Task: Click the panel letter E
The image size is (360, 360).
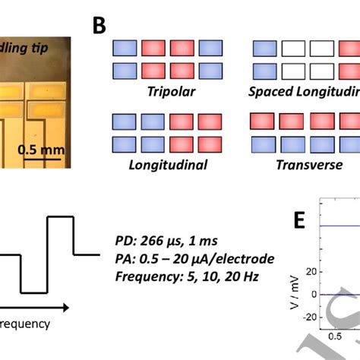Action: pyautogui.click(x=301, y=220)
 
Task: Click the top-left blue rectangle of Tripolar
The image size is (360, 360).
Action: pyautogui.click(x=125, y=48)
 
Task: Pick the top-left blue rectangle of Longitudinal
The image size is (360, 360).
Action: pyautogui.click(x=125, y=121)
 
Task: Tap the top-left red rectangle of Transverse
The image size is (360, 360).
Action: pyautogui.click(x=263, y=121)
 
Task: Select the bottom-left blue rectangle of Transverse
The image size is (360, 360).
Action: pyautogui.click(x=263, y=143)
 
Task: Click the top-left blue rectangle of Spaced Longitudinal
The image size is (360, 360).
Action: pyautogui.click(x=263, y=48)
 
